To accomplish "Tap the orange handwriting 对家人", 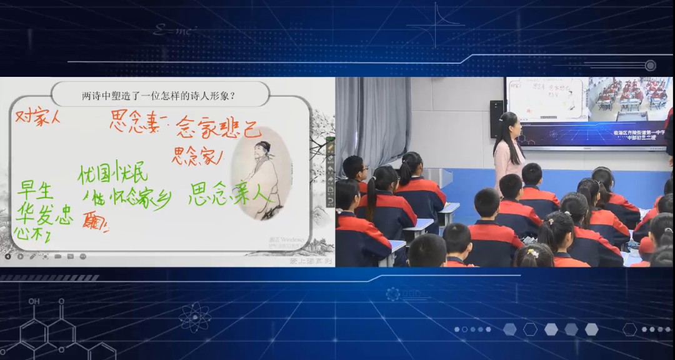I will (38, 117).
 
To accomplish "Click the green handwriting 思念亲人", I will (229, 194).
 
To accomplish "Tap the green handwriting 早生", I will (36, 189).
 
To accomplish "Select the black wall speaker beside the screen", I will (496, 118).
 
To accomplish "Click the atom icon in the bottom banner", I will (194, 316).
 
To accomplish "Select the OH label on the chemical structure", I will (34, 301).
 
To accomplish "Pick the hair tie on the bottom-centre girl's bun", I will (532, 253).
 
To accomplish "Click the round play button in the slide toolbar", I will (20, 256).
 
